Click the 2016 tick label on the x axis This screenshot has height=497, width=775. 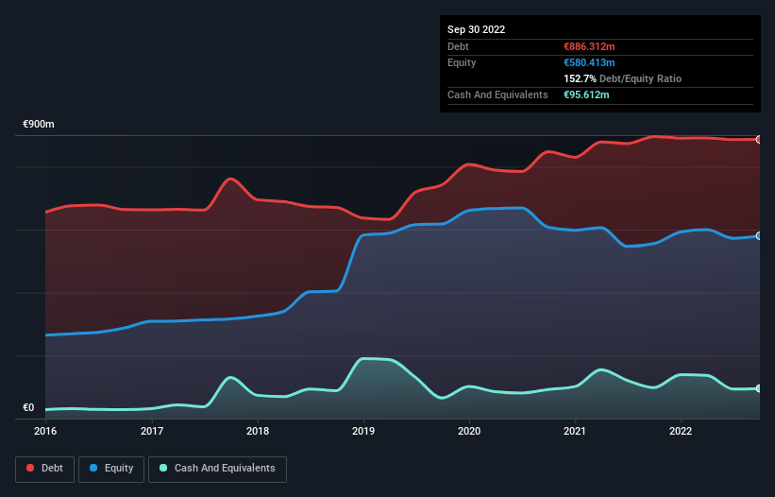[x=45, y=431]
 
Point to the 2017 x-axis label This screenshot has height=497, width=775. [x=152, y=431]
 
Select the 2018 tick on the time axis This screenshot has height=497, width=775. [x=258, y=431]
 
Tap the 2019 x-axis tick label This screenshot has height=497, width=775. [x=363, y=431]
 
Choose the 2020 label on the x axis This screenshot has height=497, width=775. [x=469, y=431]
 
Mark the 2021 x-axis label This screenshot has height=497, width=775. [x=575, y=431]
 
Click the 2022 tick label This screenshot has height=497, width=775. [x=681, y=431]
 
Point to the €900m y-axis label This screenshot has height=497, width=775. [x=39, y=125]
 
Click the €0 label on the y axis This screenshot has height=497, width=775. [x=28, y=408]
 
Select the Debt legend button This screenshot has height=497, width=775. [x=44, y=468]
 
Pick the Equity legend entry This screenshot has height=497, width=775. [x=111, y=468]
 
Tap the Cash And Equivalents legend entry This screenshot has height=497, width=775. [x=217, y=468]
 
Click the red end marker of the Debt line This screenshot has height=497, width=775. [x=759, y=140]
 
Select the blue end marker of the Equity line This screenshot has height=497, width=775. [x=759, y=235]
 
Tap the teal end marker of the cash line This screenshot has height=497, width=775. [x=759, y=388]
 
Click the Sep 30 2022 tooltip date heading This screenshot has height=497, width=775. [x=476, y=29]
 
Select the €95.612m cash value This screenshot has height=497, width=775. [x=586, y=94]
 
